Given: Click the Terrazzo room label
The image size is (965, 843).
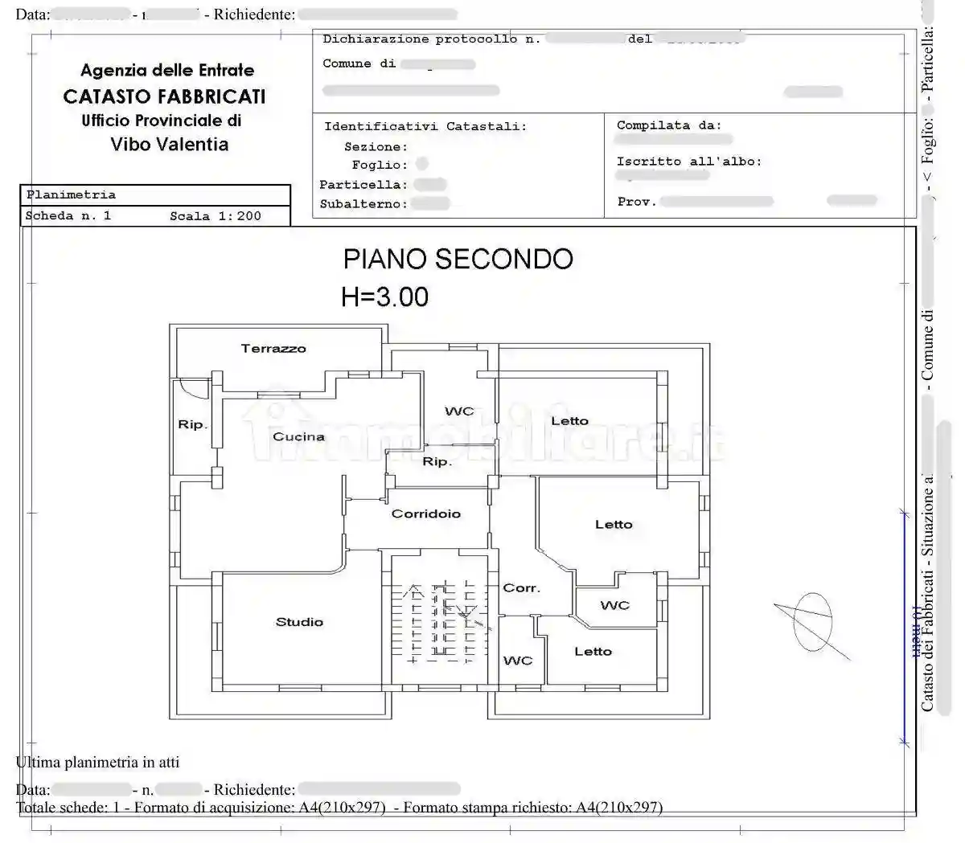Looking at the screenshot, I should pos(273,349).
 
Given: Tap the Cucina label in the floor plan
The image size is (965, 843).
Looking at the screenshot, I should pos(298,437).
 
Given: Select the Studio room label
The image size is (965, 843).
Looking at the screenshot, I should pos(299,622).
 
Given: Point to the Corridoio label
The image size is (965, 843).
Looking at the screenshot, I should pos(426,514).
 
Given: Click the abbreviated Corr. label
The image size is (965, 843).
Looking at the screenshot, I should pos(521,588).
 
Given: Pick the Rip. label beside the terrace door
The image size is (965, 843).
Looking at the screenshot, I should pos(192,424).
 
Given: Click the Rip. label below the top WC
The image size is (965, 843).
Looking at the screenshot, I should pos(437,462).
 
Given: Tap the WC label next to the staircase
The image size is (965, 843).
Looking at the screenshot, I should pos(518,661).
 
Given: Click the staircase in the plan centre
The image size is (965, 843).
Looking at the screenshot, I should pos(439,623).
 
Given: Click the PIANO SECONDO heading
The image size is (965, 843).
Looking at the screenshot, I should pos(458,259).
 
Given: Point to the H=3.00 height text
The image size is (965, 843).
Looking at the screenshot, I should pos(385,297).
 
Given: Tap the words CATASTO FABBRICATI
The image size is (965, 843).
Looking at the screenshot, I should pos(164,96).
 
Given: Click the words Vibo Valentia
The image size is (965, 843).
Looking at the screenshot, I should pos(170,145).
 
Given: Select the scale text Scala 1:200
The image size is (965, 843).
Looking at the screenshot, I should pos(216,216).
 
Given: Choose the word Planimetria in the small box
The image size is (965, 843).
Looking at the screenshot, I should pos(71,194).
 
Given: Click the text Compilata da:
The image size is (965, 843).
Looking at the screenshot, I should pos(669,125).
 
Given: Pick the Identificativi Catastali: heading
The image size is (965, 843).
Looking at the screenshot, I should pos(425,126).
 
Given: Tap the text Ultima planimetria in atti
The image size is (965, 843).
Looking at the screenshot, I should pos(98,762).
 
